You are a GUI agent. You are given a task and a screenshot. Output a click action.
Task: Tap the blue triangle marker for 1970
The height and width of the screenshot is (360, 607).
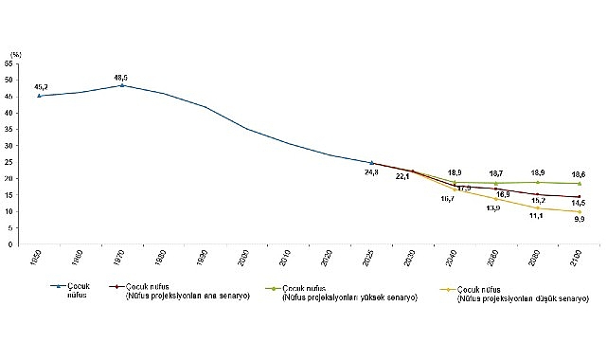click(x=120, y=85)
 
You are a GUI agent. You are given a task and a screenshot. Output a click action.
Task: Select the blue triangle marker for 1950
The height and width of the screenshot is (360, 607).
click(x=39, y=96)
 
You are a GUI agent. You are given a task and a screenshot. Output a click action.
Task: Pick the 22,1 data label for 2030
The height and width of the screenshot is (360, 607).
click(x=403, y=175)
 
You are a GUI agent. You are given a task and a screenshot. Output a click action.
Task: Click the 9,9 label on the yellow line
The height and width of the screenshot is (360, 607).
click(x=578, y=219)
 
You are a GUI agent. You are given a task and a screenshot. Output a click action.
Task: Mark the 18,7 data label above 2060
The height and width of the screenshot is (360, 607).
click(x=494, y=174)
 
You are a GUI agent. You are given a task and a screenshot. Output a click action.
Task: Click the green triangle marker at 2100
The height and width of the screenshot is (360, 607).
click(x=578, y=183)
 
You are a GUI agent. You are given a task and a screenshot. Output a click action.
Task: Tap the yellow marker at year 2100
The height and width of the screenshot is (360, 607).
click(x=578, y=211)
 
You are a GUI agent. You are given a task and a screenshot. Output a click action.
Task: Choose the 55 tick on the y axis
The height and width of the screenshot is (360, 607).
click(x=9, y=63)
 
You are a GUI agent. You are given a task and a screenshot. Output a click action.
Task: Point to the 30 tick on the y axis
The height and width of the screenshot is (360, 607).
click(x=9, y=145)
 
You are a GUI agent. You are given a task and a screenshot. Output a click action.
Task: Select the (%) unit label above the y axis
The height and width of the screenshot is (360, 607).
click(x=11, y=54)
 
